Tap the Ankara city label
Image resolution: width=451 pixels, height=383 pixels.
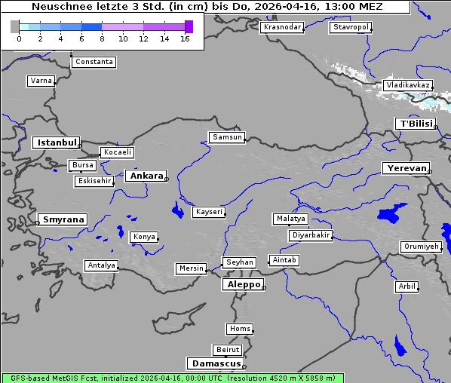click(146, 176)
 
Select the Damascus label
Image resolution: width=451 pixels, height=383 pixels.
click(216, 363)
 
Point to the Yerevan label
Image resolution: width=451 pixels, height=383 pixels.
click(405, 168)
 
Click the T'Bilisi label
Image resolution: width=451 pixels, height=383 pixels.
click(416, 124)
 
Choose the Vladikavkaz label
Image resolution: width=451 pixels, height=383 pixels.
click(407, 85)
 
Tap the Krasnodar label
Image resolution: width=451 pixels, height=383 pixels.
click(282, 27)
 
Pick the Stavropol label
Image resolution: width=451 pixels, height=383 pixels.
click(351, 27)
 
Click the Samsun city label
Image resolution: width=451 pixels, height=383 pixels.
click(227, 137)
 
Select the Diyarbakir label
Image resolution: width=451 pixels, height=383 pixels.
click(311, 235)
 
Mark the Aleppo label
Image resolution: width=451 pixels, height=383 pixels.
click(242, 284)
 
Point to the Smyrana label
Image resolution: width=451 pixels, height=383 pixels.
click(63, 219)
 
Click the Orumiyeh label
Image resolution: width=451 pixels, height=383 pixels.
click(420, 247)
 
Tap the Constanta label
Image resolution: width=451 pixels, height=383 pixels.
click(94, 62)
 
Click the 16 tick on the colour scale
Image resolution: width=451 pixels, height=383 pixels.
click(185, 38)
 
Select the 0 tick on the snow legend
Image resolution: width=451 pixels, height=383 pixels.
click(19, 38)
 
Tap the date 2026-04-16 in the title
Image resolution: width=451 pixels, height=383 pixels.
click(287, 7)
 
